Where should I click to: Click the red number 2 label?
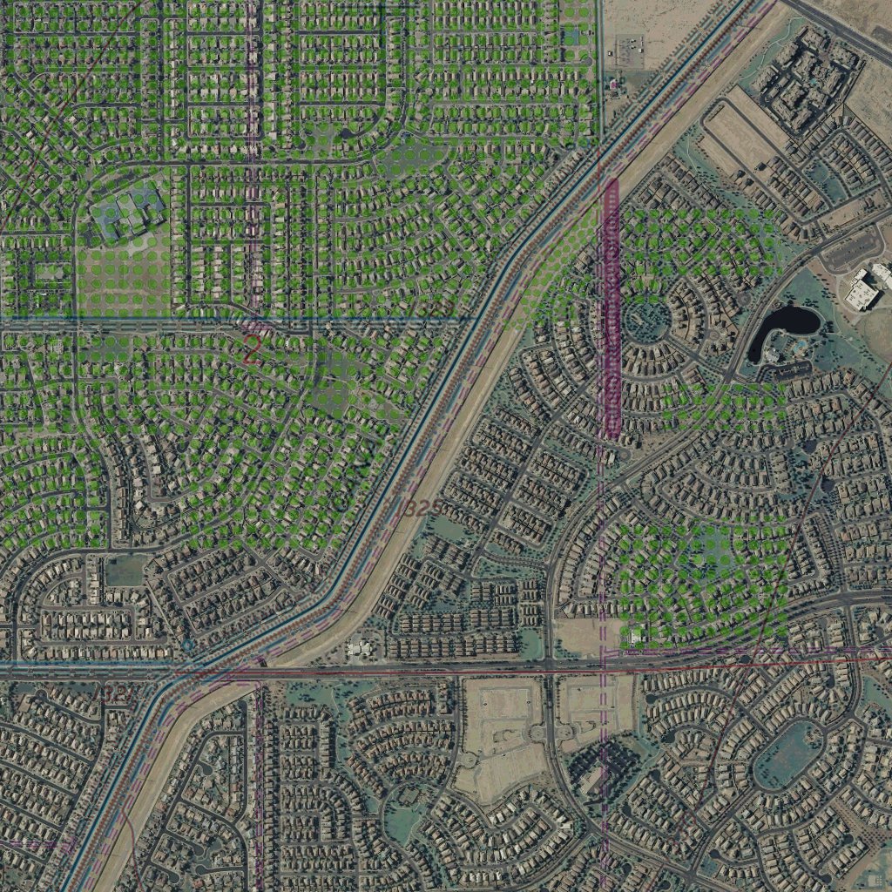pyautogui.click(x=251, y=351)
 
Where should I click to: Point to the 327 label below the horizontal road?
pyautogui.click(x=118, y=693)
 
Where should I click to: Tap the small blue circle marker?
pyautogui.click(x=189, y=645)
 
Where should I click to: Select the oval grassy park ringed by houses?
pyautogui.click(x=787, y=754)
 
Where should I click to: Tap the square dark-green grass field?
pyautogui.click(x=125, y=571)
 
